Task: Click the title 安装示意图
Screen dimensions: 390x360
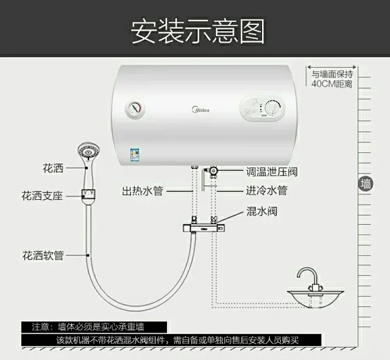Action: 197,32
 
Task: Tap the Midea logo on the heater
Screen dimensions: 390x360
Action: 200,110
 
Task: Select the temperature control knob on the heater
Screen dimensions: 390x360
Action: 272,108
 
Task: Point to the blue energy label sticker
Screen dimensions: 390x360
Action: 135,154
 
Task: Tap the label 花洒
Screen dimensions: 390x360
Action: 53,168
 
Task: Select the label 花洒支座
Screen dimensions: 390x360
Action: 42,196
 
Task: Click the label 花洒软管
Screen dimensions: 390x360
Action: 43,256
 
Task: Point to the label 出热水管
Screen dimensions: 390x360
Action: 143,191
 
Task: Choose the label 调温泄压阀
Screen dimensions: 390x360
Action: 272,172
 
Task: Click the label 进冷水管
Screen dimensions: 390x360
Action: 267,191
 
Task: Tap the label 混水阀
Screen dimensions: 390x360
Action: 261,211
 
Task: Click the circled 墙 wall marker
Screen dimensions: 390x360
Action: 366,184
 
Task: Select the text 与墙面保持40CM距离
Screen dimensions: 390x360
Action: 332,79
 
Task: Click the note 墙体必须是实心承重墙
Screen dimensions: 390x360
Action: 101,326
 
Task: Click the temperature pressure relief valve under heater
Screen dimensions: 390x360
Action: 213,171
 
